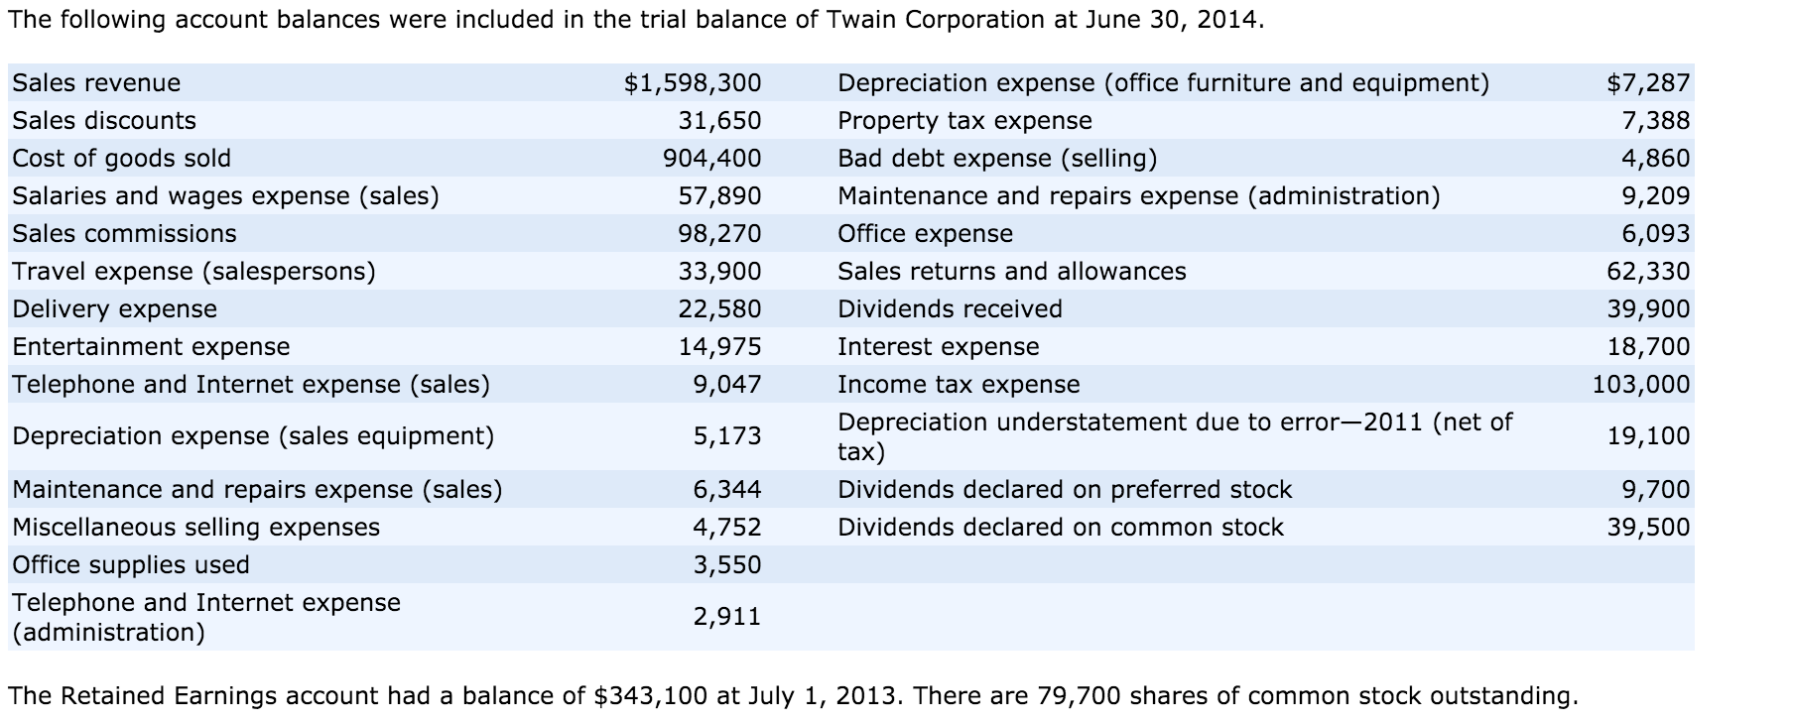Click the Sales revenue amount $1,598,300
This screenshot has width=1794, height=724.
click(x=693, y=82)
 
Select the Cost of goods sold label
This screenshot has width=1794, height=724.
click(x=121, y=159)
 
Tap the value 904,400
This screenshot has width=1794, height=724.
click(x=711, y=159)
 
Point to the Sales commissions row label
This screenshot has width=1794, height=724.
click(x=124, y=234)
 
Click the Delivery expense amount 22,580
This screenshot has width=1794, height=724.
click(x=719, y=309)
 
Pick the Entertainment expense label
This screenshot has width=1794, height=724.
click(x=151, y=347)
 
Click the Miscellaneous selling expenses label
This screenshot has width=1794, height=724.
click(x=195, y=528)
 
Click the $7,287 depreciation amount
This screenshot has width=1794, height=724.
click(x=1648, y=82)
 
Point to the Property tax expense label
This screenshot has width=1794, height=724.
click(x=964, y=121)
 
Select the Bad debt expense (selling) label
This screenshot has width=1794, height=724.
click(x=997, y=159)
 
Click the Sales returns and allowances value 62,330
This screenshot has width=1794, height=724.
click(x=1648, y=272)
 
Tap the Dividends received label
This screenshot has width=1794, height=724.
click(x=950, y=309)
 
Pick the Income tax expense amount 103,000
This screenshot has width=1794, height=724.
click(x=1641, y=385)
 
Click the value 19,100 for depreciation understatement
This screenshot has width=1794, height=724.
click(x=1648, y=436)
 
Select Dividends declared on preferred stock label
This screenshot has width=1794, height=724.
click(x=1065, y=490)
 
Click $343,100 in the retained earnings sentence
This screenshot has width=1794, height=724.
click(x=650, y=696)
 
